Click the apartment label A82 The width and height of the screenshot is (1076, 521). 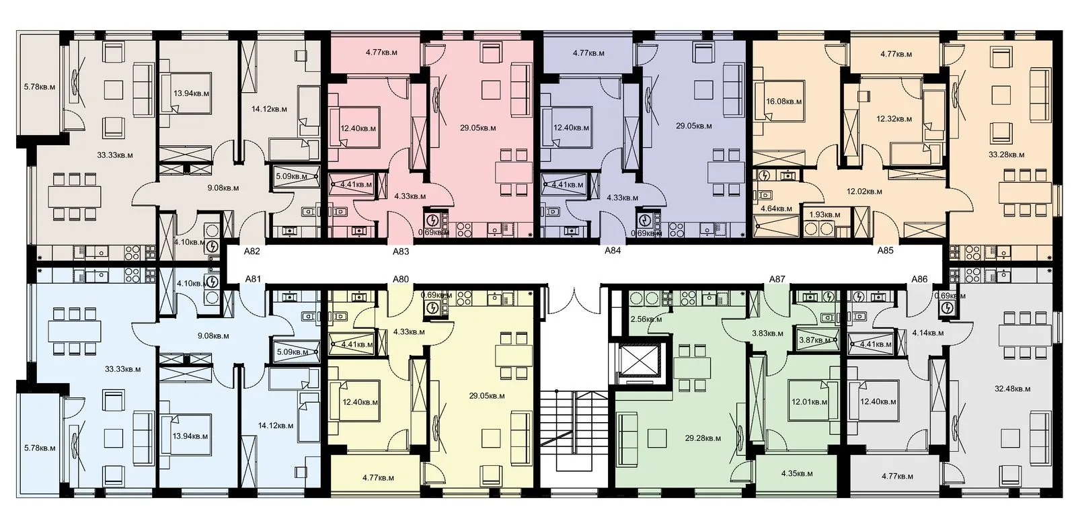[252, 251]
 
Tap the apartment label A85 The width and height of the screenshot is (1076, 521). [885, 250]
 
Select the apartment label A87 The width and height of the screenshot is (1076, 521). [777, 279]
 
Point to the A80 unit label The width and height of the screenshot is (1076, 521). [401, 279]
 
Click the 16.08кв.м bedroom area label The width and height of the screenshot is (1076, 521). [784, 102]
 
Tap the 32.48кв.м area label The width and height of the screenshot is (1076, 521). [1013, 389]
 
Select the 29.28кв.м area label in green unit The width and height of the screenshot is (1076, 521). [703, 438]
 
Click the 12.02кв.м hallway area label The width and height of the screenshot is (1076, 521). [864, 192]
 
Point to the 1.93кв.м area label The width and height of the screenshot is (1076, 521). [824, 214]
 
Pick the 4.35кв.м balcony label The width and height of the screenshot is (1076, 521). [797, 473]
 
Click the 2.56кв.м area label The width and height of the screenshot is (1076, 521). [646, 319]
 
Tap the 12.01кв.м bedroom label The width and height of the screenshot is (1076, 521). [810, 402]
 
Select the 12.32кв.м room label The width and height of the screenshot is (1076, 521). [894, 118]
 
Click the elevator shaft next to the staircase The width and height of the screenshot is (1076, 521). [640, 360]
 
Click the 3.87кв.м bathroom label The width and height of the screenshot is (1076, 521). [814, 340]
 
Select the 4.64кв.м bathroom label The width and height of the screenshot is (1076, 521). [776, 208]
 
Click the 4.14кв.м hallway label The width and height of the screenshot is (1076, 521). [928, 333]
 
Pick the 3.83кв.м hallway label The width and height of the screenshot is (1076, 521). [767, 333]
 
